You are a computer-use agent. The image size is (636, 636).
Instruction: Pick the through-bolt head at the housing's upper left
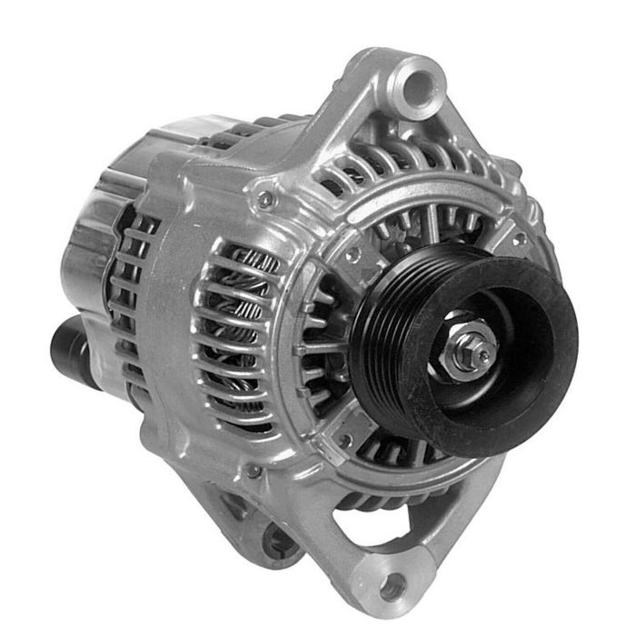[263, 194]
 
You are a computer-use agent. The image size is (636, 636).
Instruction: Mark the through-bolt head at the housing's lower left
[253, 472]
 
